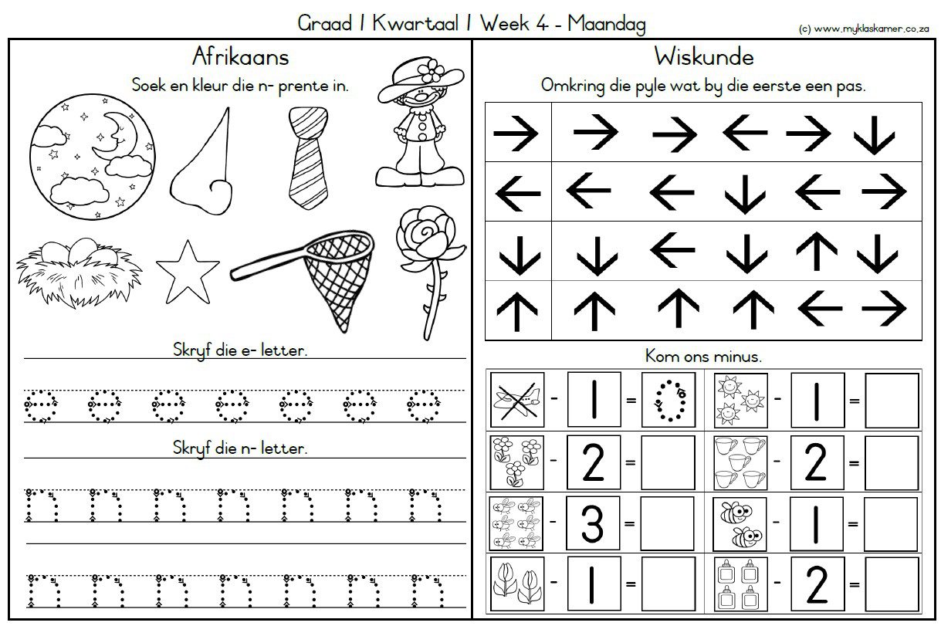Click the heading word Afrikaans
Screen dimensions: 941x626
coord(240,56)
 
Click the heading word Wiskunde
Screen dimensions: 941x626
coord(704,56)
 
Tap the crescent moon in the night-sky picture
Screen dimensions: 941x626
coord(114,135)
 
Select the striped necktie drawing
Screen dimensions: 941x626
coord(308,157)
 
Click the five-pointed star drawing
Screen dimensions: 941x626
coord(188,272)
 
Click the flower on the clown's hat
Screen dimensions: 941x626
coord(431,70)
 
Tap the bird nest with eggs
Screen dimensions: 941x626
coord(79,273)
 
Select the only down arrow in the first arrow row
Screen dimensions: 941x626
coord(874,135)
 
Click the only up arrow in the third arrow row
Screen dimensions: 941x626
coord(817,251)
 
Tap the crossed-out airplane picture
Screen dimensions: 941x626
coord(517,400)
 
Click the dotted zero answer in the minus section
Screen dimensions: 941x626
coord(669,400)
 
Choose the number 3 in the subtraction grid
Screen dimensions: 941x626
coord(592,523)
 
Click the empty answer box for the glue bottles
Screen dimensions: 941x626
coord(892,584)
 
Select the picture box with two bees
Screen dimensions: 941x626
coord(740,524)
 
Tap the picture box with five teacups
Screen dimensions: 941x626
coord(740,462)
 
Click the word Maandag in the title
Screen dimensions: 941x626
coord(607,23)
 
